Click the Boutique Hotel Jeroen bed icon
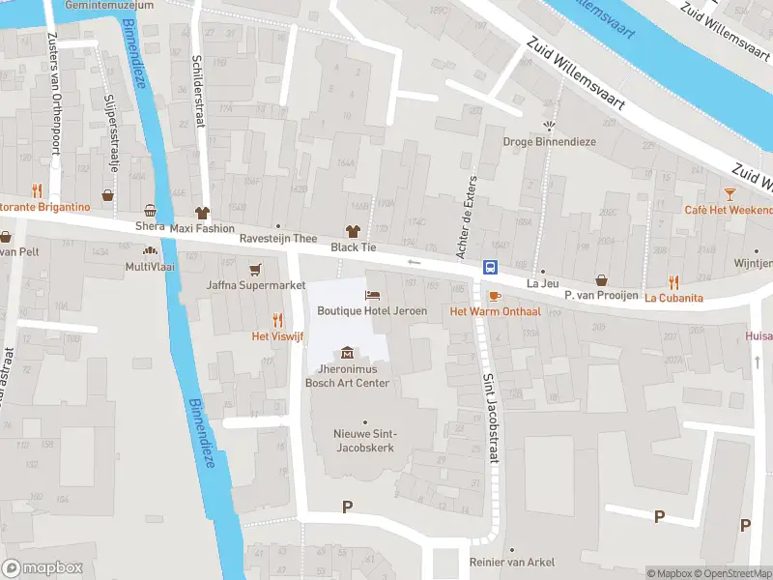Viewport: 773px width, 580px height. (x=372, y=295)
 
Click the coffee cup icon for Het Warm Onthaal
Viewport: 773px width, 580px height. (x=494, y=296)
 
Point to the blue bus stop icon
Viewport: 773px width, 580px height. (x=490, y=268)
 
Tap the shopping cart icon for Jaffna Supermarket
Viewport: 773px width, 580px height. (x=255, y=270)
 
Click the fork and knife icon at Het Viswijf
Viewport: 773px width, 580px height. (x=277, y=320)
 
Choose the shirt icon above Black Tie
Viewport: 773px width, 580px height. (x=352, y=231)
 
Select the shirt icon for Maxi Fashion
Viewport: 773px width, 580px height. (x=202, y=213)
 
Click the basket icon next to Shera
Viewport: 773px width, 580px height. (x=150, y=211)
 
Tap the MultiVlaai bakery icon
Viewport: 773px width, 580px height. (x=150, y=250)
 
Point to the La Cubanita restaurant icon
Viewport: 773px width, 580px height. (x=673, y=281)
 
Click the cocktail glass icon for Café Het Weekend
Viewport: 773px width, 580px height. (x=730, y=194)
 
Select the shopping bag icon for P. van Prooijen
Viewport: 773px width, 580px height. (x=602, y=279)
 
